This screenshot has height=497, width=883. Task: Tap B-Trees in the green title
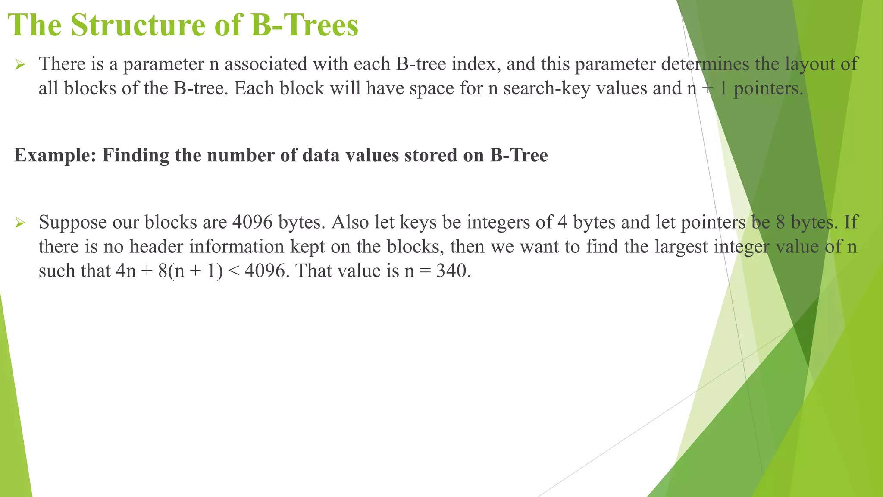click(x=304, y=25)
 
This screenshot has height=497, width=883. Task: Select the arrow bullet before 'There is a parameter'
click(x=20, y=65)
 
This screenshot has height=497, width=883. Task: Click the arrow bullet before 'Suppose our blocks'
click(x=20, y=223)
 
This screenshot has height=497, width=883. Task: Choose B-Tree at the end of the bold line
click(x=519, y=156)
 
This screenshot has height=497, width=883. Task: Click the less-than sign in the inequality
click(x=234, y=271)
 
